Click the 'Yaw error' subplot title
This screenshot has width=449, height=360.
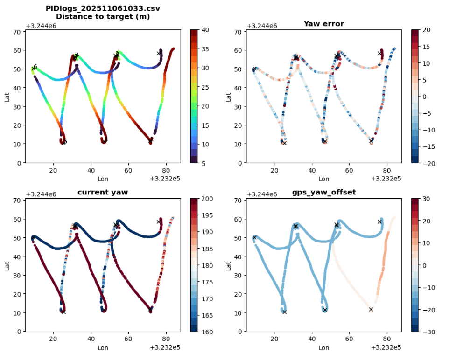click(x=323, y=23)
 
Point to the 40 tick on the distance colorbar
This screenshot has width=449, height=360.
click(x=206, y=30)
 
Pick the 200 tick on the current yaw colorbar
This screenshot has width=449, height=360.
click(x=207, y=199)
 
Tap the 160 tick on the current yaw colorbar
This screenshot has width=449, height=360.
click(x=207, y=332)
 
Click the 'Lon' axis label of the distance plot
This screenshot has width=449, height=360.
click(x=103, y=179)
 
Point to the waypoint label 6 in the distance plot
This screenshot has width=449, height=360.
click(x=35, y=67)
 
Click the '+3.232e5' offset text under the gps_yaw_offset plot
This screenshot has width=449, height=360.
click(x=386, y=347)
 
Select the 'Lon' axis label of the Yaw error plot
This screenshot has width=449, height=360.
click(x=323, y=179)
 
